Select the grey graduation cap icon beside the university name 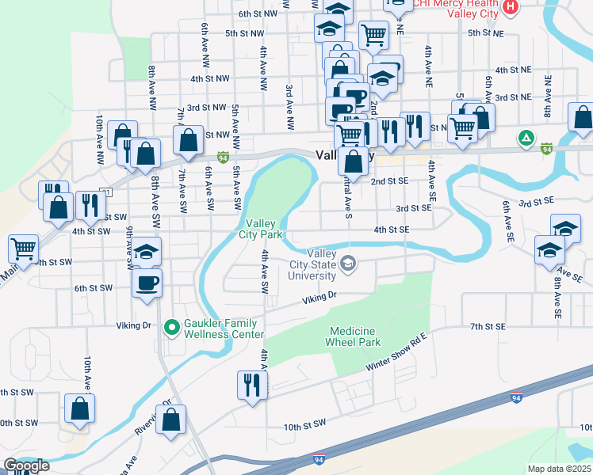click(x=347, y=264)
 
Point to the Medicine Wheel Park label click(x=353, y=336)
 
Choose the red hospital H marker click(x=511, y=7)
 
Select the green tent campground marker click(x=525, y=138)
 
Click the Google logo click(x=26, y=465)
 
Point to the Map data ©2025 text click(x=559, y=469)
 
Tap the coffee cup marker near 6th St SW click(x=147, y=283)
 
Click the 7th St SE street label click(x=487, y=326)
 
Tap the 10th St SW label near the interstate click(x=305, y=427)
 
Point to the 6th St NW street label click(x=258, y=13)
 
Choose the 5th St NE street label click(x=485, y=32)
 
